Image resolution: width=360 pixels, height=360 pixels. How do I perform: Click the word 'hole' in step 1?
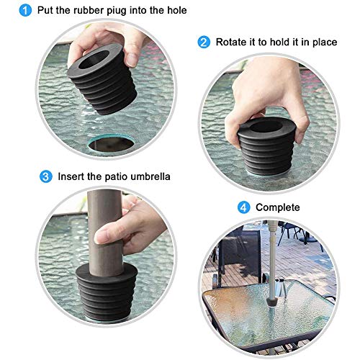(175, 11)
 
